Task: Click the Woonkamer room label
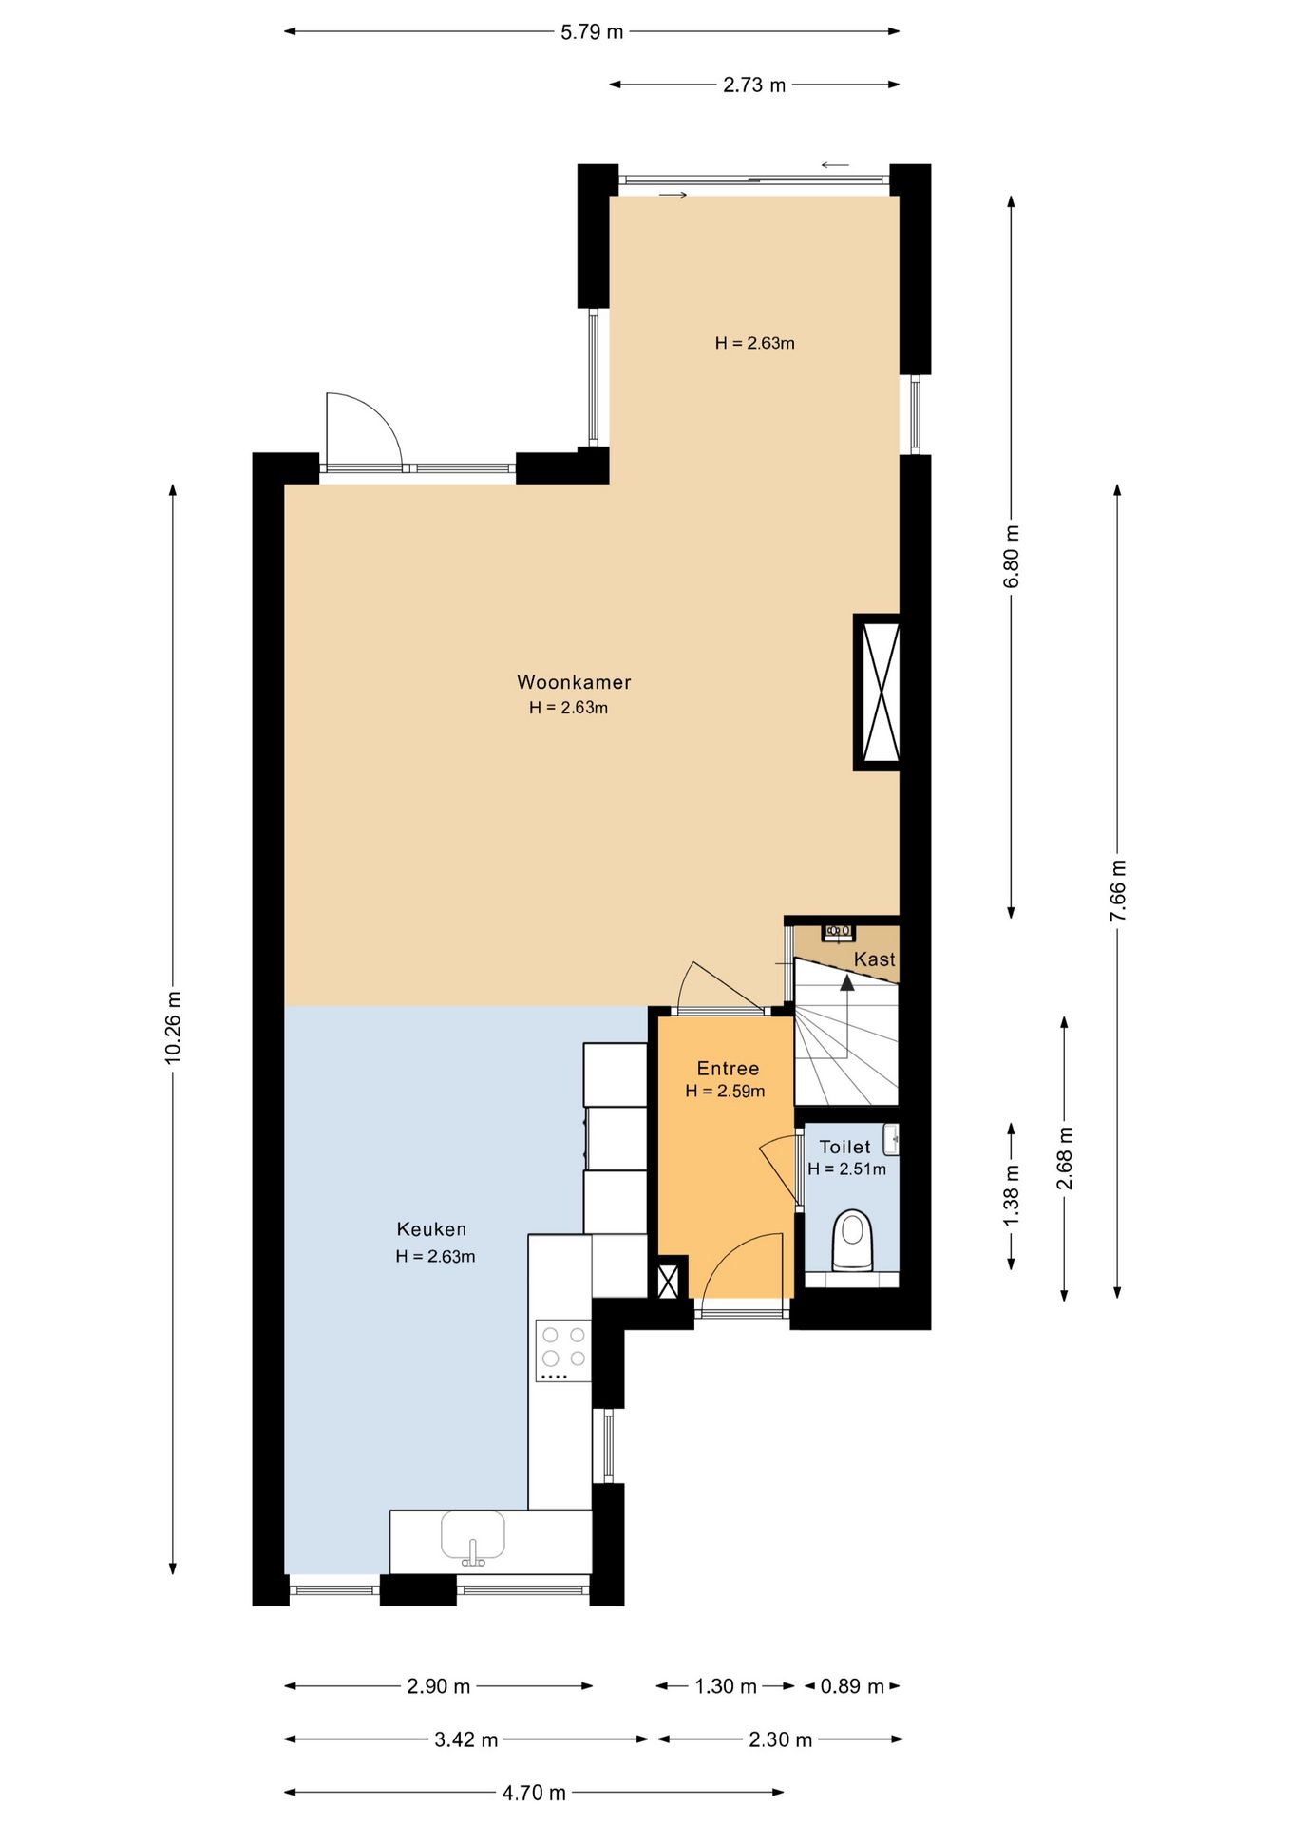click(x=574, y=681)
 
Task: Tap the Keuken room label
click(x=431, y=1228)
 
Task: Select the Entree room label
click(x=728, y=1068)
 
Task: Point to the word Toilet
click(x=844, y=1147)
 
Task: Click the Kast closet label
click(x=874, y=959)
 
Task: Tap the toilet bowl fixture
click(x=852, y=1240)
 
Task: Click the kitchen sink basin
click(x=472, y=1538)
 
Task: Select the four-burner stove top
click(x=563, y=1350)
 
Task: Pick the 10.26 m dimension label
click(x=173, y=1027)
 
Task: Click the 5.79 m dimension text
click(x=592, y=31)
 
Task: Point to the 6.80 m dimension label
click(x=1012, y=556)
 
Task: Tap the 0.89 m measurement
click(x=852, y=1685)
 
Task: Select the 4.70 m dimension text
click(x=534, y=1792)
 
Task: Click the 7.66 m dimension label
click(x=1118, y=890)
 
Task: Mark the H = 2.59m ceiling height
click(x=725, y=1092)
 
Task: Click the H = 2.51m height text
click(x=846, y=1168)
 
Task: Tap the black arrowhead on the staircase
click(x=846, y=981)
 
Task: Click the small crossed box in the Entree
click(x=670, y=1279)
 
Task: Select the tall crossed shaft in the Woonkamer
click(x=878, y=692)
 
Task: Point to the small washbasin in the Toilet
click(x=891, y=1139)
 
